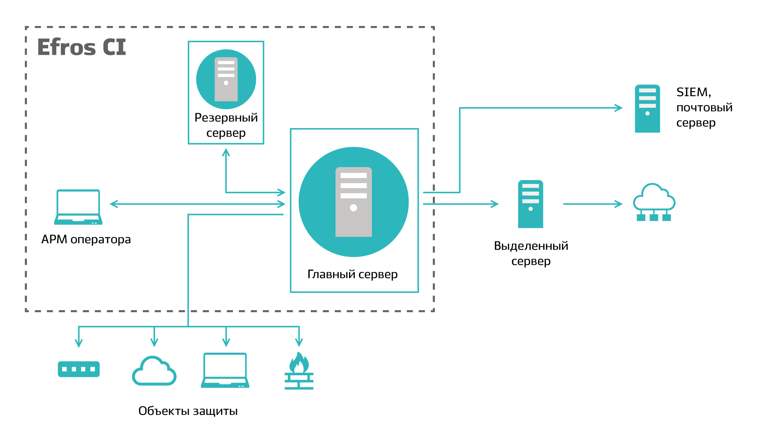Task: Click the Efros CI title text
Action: tap(81, 47)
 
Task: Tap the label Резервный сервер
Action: tap(226, 125)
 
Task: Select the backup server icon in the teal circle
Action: tap(226, 79)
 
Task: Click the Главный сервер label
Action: tap(352, 274)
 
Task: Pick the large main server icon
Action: tap(353, 202)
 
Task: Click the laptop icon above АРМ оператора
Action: tap(78, 207)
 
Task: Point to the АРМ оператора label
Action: tap(86, 239)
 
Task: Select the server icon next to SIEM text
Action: tap(647, 109)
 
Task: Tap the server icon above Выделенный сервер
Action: tap(530, 204)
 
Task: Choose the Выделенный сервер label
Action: tap(531, 253)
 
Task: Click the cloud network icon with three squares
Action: tap(654, 202)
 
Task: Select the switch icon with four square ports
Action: tap(79, 369)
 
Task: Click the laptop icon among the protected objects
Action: tap(225, 370)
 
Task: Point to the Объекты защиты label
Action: tap(188, 411)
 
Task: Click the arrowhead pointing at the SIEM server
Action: tap(619, 108)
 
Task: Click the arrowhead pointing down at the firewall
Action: tap(299, 343)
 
